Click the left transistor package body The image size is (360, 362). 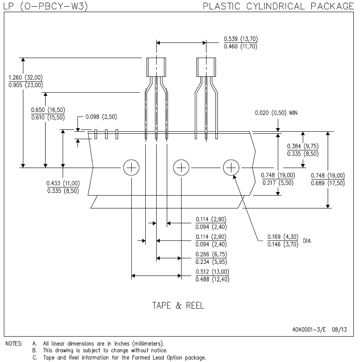coord(157,66)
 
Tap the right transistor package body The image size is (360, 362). coord(206,66)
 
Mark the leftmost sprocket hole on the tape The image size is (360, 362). coord(131,168)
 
